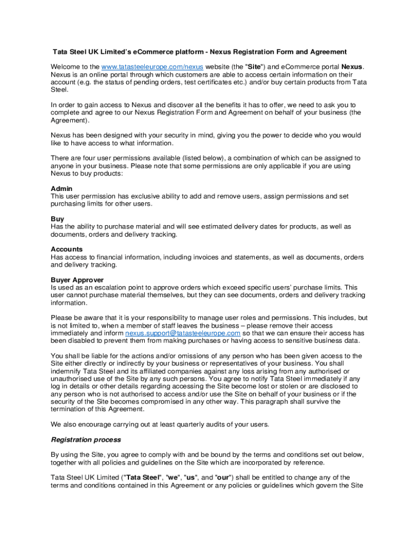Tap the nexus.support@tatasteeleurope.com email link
click(x=183, y=333)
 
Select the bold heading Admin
click(x=61, y=189)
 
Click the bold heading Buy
click(x=57, y=219)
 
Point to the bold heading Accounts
click(x=67, y=249)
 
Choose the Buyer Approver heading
click(x=77, y=280)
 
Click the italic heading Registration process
click(x=86, y=440)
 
